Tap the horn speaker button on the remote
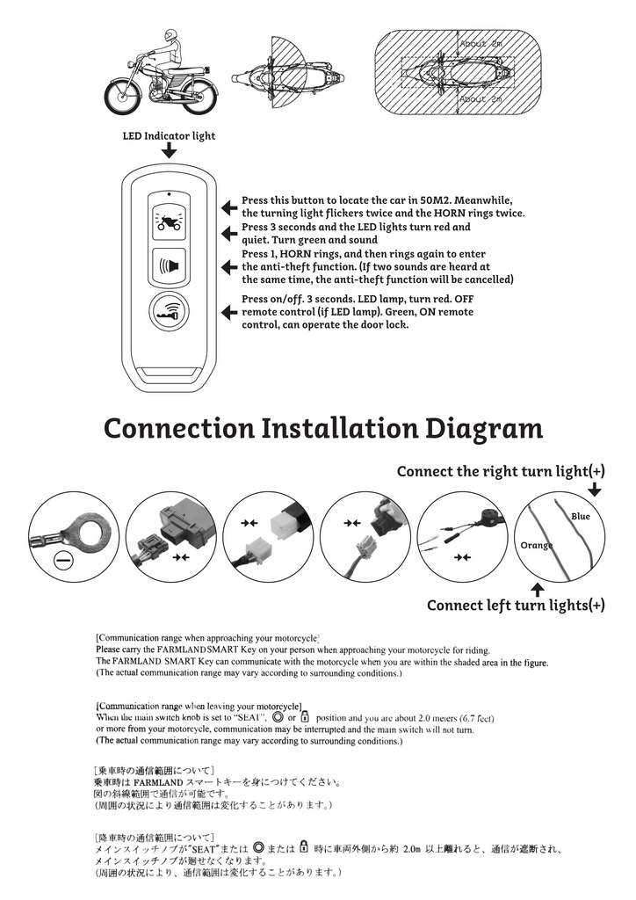pos(169,265)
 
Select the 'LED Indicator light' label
pos(169,136)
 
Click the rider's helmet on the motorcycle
pos(170,35)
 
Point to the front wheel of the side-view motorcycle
pos(122,97)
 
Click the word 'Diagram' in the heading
pos(483,429)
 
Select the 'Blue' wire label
pos(580,517)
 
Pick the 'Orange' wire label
pos(536,545)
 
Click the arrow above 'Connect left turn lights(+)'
pos(538,590)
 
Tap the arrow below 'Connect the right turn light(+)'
pos(595,490)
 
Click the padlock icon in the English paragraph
pos(305,716)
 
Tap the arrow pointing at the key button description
pos(229,312)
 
